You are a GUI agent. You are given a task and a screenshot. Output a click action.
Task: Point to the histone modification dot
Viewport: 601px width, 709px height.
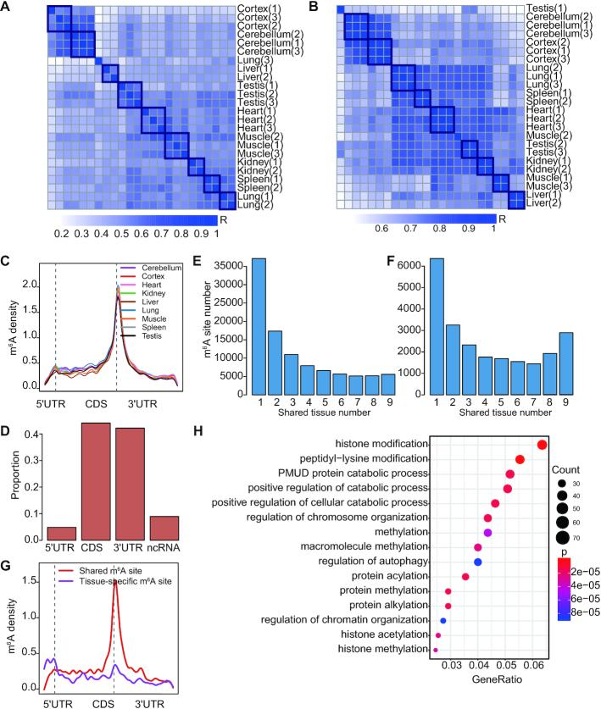(543, 445)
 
